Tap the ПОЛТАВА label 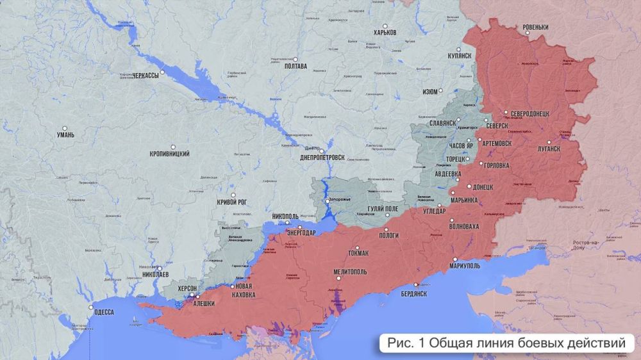click(296, 66)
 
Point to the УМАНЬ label click(65, 135)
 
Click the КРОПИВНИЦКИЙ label click(169, 155)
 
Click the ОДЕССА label click(103, 312)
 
